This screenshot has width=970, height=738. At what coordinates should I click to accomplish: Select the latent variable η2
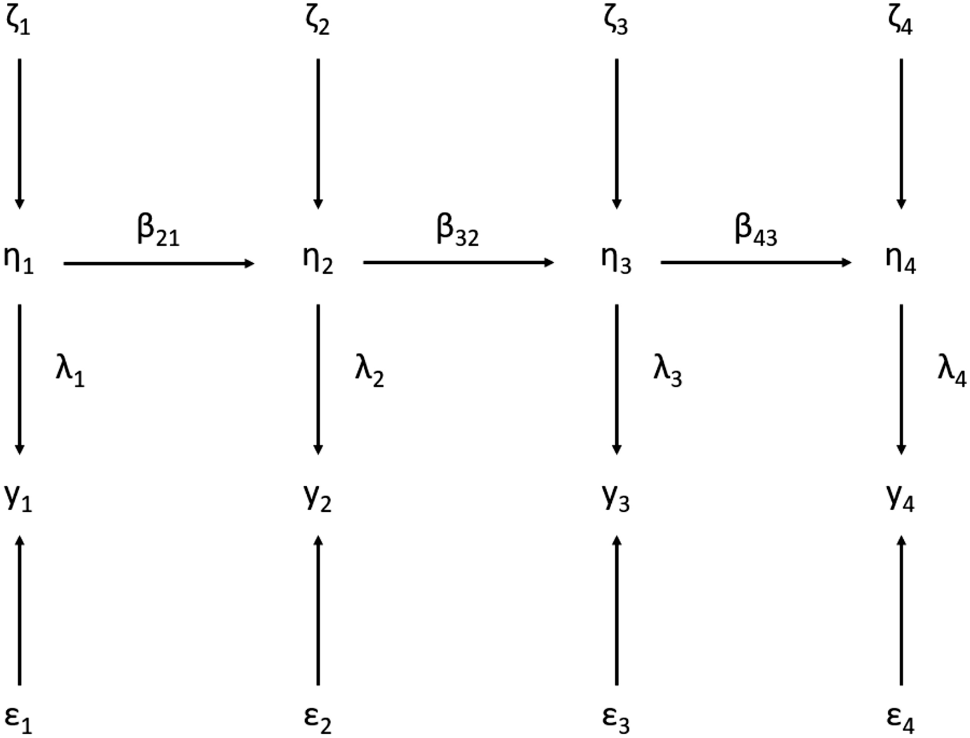[317, 261]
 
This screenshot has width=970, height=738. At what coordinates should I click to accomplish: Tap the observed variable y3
[616, 498]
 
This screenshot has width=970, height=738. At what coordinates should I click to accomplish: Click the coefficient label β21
[158, 231]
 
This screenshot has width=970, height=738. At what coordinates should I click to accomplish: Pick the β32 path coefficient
[457, 231]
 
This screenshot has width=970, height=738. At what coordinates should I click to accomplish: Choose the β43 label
[756, 231]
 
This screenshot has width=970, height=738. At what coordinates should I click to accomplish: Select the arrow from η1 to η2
[159, 263]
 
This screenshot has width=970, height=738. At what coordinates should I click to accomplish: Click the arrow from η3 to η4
[756, 263]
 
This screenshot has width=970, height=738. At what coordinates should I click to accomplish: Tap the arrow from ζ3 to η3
[617, 133]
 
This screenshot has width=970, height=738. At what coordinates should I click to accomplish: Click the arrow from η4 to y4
[901, 379]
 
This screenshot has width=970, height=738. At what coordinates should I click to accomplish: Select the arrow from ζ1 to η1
[20, 133]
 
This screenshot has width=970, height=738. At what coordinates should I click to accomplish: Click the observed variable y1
[18, 498]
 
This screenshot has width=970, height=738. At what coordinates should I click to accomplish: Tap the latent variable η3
[616, 261]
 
